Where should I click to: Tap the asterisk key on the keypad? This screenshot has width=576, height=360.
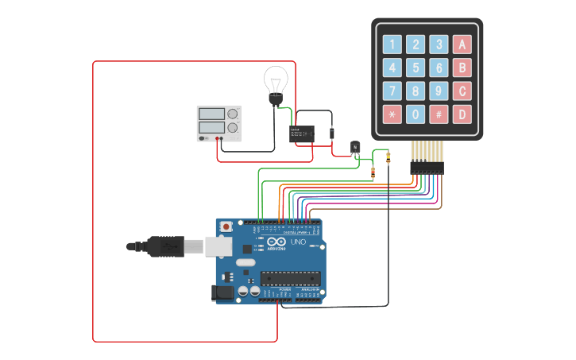coord(392,114)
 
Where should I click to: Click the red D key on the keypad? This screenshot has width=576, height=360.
coord(462,114)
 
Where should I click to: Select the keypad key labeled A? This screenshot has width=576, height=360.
coord(462,45)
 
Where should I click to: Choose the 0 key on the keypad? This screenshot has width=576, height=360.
coord(415,114)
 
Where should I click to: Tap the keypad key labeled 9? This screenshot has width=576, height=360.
coord(438,91)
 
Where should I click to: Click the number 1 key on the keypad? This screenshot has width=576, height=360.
coord(392,45)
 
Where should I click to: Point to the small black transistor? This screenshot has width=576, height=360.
coord(355,147)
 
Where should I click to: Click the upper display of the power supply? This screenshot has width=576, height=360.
coord(211,114)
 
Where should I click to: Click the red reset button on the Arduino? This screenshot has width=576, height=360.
coord(226,226)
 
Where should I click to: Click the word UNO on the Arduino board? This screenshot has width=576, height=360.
coord(298,242)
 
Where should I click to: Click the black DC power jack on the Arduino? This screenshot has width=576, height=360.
coord(224,293)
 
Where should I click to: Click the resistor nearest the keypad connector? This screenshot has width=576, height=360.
coord(388,157)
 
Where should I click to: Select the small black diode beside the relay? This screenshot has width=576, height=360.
coord(332,134)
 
